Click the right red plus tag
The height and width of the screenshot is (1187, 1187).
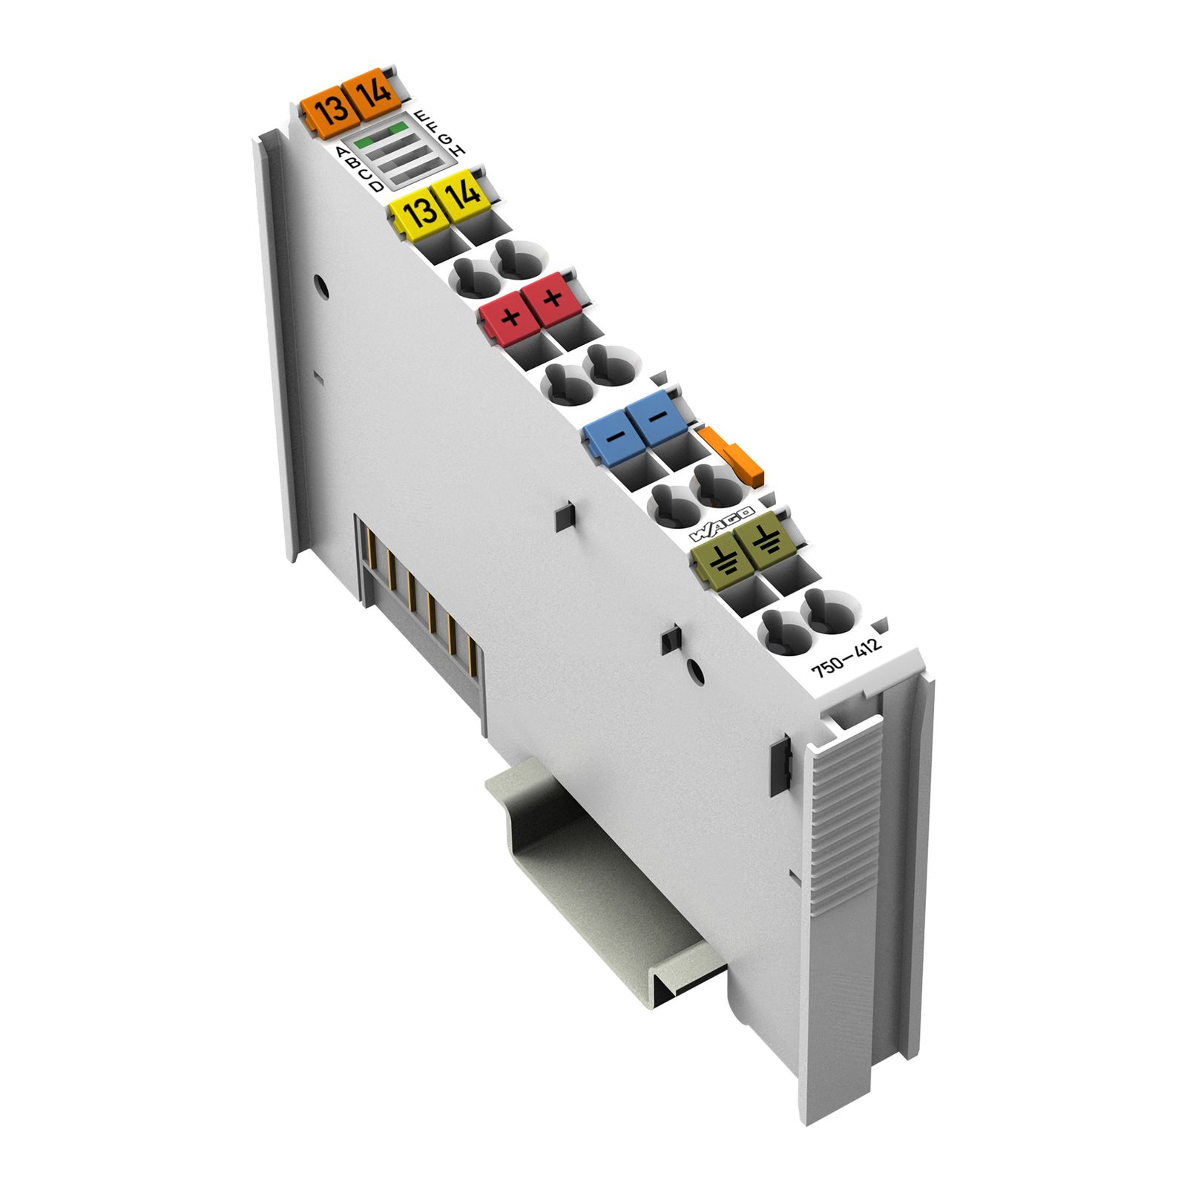click(552, 300)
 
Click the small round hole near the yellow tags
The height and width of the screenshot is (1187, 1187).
click(320, 286)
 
